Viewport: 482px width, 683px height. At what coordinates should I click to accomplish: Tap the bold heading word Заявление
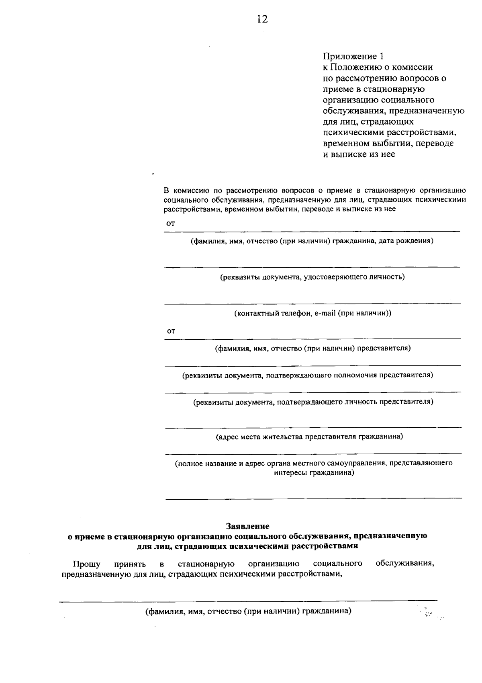247,525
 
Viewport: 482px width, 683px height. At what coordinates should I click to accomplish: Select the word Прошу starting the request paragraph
86,564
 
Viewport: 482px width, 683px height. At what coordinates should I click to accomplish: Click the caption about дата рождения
312,241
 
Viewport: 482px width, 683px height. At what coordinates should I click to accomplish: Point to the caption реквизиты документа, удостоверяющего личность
312,277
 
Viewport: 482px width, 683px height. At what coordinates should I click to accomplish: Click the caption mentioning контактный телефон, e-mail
312,313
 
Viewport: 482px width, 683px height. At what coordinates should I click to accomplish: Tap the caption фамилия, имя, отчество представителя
312,348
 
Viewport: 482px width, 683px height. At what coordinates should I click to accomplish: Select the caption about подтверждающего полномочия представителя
308,375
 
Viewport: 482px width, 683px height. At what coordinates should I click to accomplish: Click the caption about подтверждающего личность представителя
313,402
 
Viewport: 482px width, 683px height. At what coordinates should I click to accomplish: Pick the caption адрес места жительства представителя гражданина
309,437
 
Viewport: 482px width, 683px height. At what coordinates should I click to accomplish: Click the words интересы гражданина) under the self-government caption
314,473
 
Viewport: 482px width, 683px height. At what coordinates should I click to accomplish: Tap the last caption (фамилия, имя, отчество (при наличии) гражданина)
248,612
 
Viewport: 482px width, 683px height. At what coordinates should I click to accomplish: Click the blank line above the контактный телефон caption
312,304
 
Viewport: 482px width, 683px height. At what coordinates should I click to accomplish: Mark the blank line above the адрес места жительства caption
313,427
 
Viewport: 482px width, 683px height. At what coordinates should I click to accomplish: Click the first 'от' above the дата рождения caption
171,224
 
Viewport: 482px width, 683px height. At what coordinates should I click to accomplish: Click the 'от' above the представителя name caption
171,331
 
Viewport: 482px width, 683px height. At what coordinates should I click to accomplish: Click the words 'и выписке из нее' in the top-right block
359,154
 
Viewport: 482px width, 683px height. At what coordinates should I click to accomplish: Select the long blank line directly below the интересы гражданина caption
314,498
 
